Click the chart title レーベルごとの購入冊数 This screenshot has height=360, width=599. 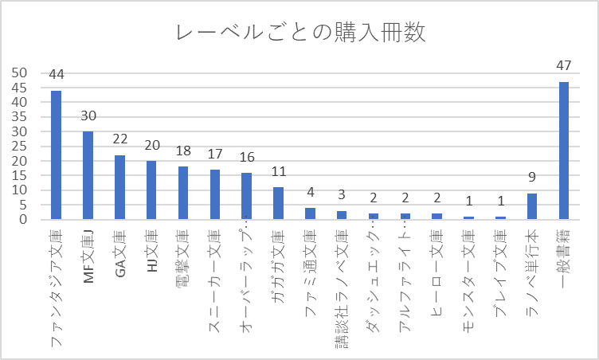tap(299, 33)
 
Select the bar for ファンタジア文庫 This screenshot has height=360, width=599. tap(56, 155)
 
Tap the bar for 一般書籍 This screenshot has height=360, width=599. tap(564, 151)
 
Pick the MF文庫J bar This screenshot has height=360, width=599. tap(88, 175)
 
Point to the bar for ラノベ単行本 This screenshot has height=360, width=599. tap(532, 206)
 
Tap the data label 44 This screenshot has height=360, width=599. tap(56, 75)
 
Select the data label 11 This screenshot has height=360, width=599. tap(278, 172)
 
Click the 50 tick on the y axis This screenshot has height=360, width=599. tap(20, 72)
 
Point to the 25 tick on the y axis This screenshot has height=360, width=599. tap(20, 146)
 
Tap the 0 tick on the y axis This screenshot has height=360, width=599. tap(24, 220)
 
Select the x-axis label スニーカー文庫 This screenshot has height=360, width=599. tap(215, 271)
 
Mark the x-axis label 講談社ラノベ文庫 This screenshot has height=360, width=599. tap(342, 287)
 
